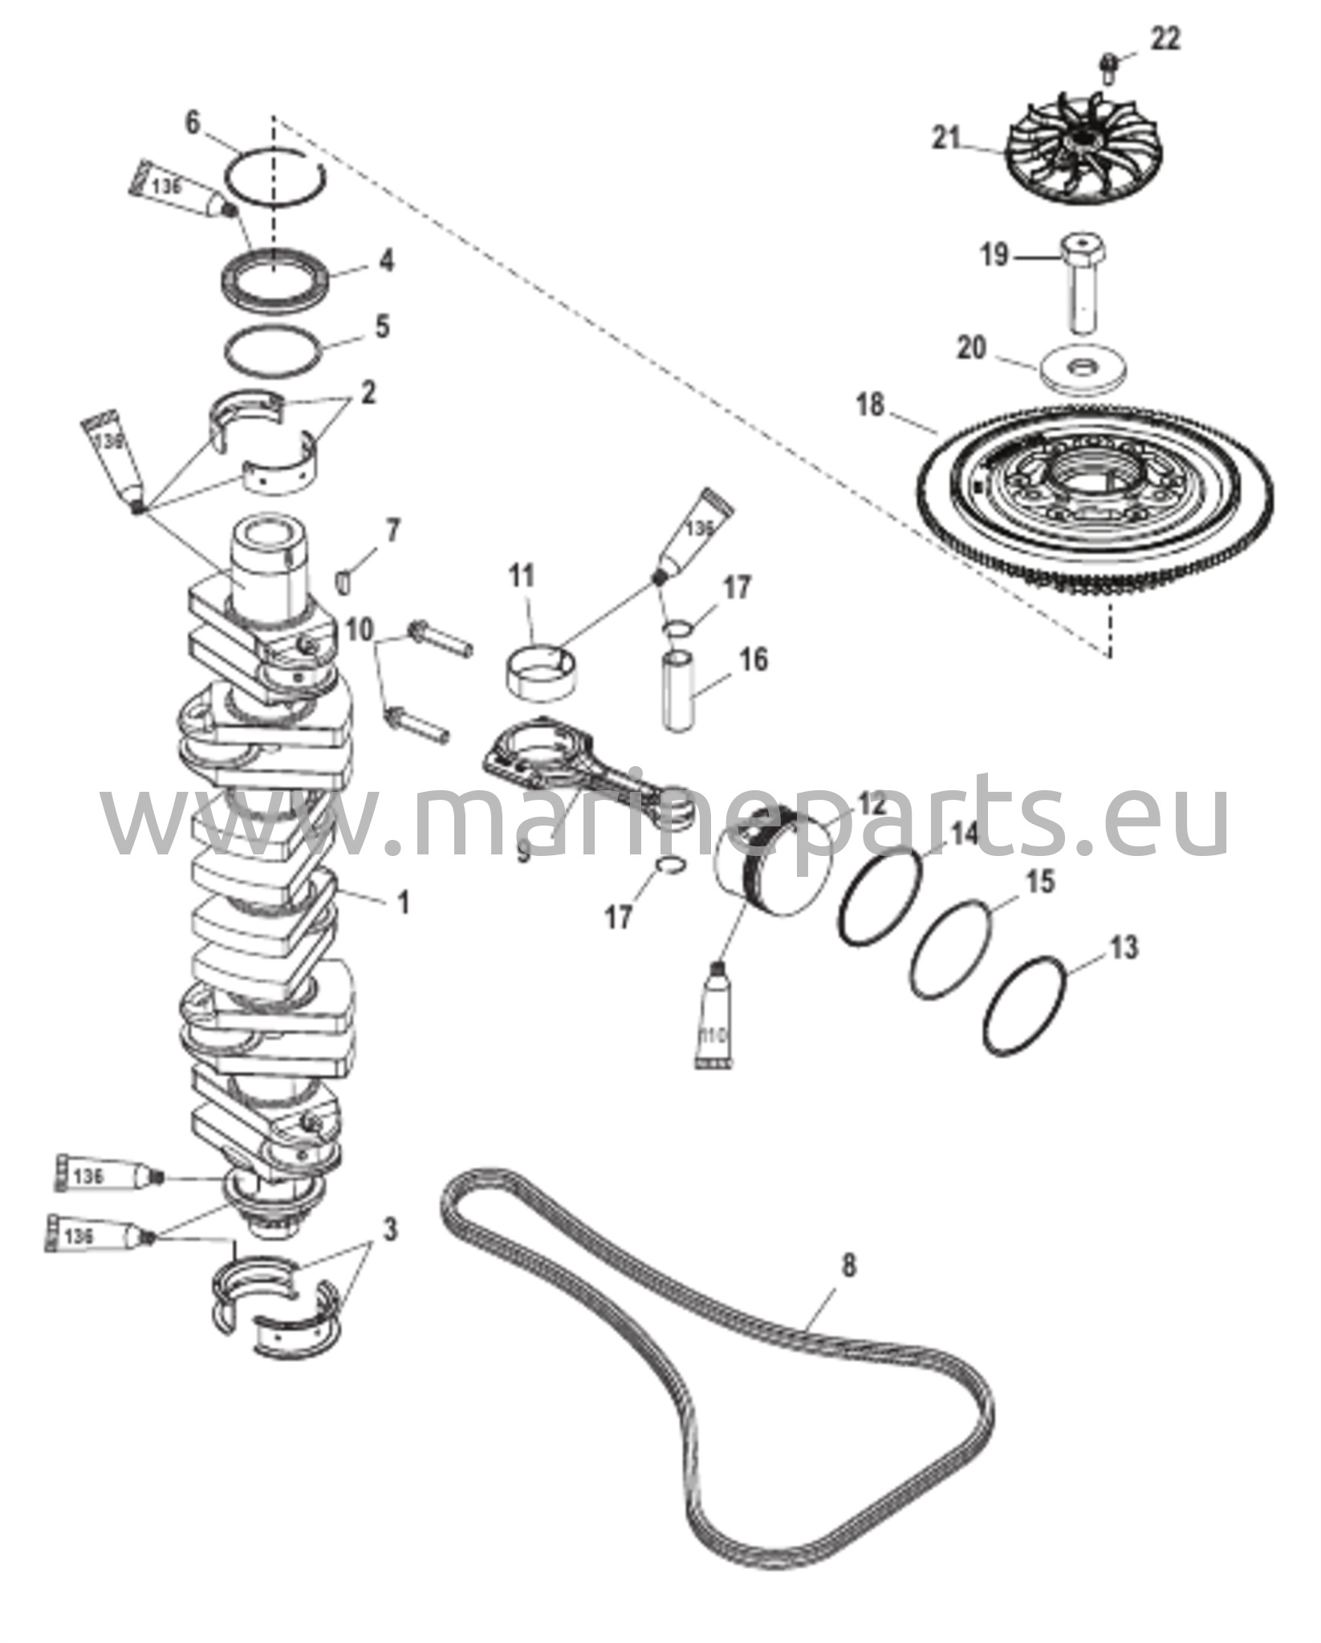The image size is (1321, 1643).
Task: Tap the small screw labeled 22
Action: pyautogui.click(x=1108, y=68)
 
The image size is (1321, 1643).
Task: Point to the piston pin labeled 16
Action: pyautogui.click(x=678, y=691)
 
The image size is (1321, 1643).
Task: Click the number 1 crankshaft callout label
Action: pyautogui.click(x=404, y=903)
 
